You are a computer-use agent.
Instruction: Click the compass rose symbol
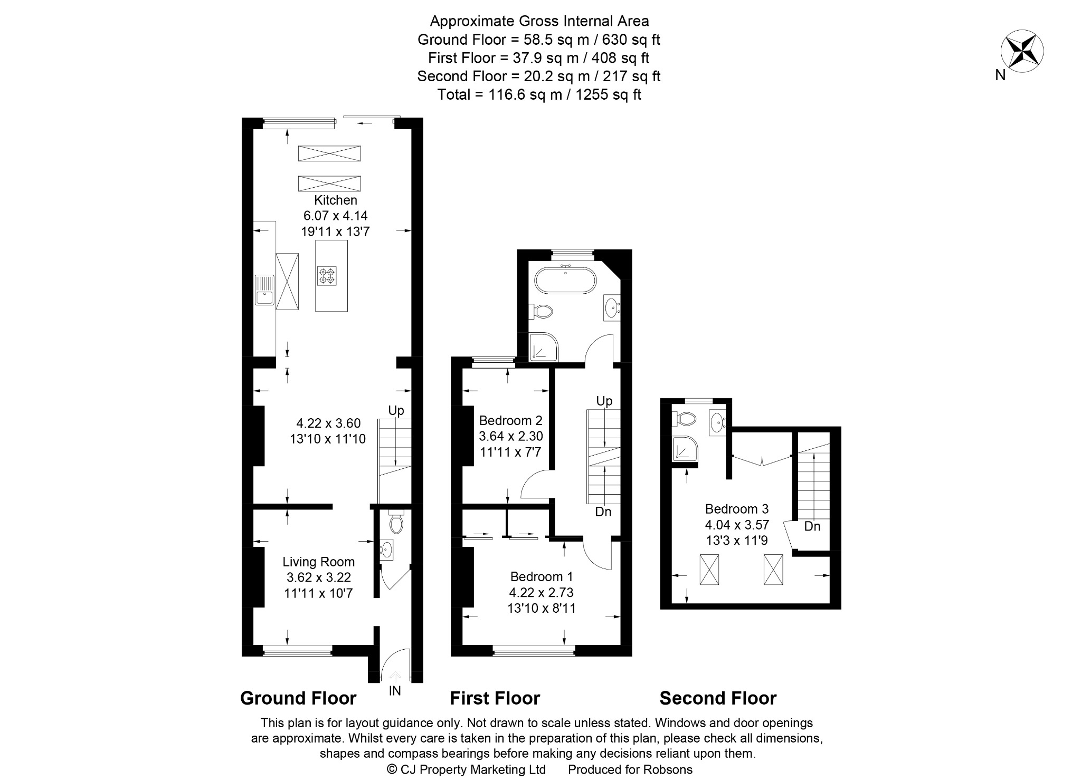pyautogui.click(x=1022, y=51)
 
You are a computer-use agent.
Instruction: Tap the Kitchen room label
pyautogui.click(x=336, y=200)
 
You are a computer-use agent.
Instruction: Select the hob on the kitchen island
pyautogui.click(x=327, y=276)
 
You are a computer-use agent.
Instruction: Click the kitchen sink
pyautogui.click(x=263, y=290)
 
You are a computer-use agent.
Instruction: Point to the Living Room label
pyautogui.click(x=318, y=562)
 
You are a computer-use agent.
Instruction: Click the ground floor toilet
pyautogui.click(x=395, y=522)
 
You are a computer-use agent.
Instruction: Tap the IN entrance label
pyautogui.click(x=395, y=690)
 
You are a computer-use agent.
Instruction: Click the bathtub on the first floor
pyautogui.click(x=565, y=280)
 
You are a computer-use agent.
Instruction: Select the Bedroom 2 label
pyautogui.click(x=510, y=420)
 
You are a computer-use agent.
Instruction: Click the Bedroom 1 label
pyautogui.click(x=542, y=576)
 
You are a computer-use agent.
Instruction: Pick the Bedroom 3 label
pyautogui.click(x=737, y=509)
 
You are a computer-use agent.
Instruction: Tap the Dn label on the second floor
pyautogui.click(x=812, y=526)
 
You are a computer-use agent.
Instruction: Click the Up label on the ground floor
pyautogui.click(x=396, y=410)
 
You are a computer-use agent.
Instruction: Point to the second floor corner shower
pyautogui.click(x=685, y=449)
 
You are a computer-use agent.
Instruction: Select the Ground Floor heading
pyautogui.click(x=298, y=698)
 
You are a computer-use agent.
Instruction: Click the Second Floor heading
pyautogui.click(x=718, y=698)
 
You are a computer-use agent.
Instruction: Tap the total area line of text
pyautogui.click(x=539, y=94)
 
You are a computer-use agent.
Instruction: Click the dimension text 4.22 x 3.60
pyautogui.click(x=328, y=423)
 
